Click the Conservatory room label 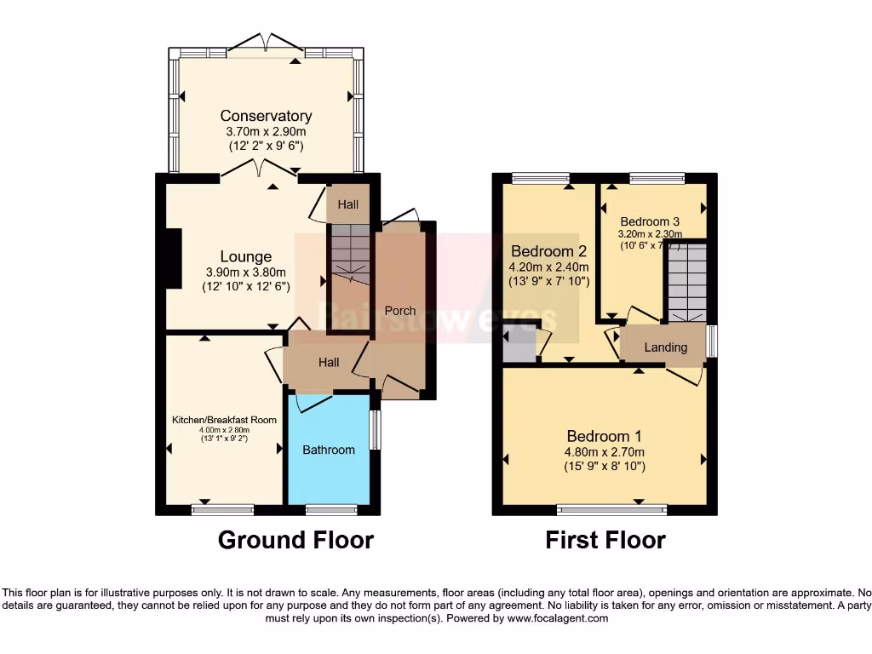pos(266,116)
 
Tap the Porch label pos(400,311)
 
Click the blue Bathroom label pos(329,449)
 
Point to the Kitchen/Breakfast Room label pos(225,420)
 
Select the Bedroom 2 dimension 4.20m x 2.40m pos(549,267)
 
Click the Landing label pos(665,347)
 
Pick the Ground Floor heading pos(295,540)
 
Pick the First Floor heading pos(605,540)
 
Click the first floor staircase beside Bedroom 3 pos(686,281)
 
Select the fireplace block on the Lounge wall pos(174,260)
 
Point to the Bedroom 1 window pos(611,510)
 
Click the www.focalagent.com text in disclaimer pos(558,618)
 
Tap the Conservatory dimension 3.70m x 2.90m pos(266,131)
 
